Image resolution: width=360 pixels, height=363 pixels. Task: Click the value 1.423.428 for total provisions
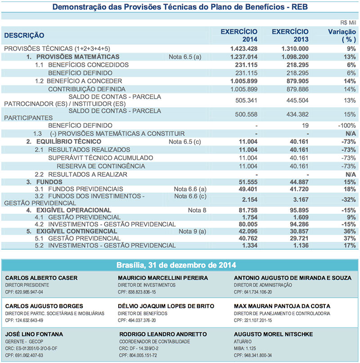point(243,48)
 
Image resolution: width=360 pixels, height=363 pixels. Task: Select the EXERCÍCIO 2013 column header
point(290,36)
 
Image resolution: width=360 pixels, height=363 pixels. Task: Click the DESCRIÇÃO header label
point(24,35)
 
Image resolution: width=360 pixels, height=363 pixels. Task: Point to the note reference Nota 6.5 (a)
point(184,57)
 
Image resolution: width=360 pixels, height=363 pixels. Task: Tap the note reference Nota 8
point(198,210)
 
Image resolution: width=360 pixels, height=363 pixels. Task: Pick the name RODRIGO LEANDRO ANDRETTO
point(163,334)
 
